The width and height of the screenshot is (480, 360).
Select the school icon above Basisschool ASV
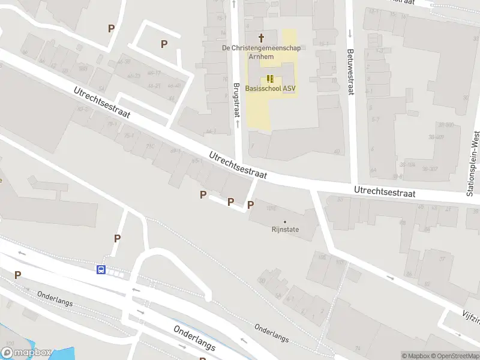tap(270, 78)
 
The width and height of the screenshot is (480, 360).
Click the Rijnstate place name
tap(285, 230)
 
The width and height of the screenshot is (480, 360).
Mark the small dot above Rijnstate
tap(285, 222)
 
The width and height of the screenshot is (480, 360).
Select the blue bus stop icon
tap(102, 270)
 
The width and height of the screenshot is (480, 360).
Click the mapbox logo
tap(26, 353)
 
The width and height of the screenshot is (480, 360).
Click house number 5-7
tap(375, 119)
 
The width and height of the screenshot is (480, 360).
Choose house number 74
tap(358, 347)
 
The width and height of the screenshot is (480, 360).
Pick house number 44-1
tap(211, 131)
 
